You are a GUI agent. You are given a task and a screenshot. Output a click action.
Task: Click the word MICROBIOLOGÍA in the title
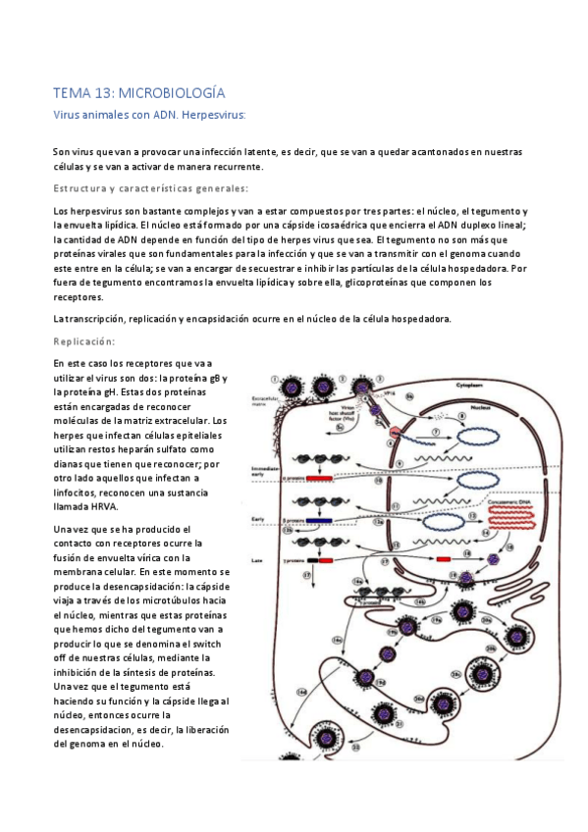pyautogui.click(x=172, y=93)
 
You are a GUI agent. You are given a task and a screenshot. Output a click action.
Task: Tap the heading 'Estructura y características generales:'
pyautogui.click(x=150, y=188)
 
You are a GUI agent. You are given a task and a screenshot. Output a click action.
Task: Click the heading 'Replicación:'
pyautogui.click(x=84, y=341)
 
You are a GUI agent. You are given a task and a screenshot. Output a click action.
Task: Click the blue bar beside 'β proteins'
pyautogui.click(x=318, y=521)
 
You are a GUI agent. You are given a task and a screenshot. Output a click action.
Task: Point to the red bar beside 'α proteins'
pyautogui.click(x=320, y=478)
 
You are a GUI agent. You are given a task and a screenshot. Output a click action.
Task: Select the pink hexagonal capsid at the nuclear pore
pyautogui.click(x=395, y=433)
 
